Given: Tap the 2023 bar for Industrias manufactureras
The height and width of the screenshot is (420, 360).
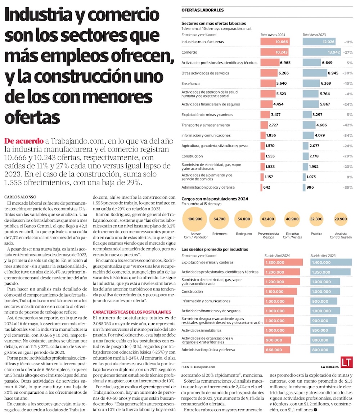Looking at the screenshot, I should pos(319,42).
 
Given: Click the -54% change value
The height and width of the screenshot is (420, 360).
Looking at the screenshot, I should pos(348,136).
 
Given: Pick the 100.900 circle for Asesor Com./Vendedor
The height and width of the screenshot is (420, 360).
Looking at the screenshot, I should pos(195,219).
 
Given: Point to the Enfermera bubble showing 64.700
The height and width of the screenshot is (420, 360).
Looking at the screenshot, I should pos(220,219).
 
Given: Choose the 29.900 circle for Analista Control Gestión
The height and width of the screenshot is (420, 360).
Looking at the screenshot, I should pos(341,219).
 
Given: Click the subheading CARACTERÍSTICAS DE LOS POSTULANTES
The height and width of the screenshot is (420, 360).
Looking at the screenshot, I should pos(132,312).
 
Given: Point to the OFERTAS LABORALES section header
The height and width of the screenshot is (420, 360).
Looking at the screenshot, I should pos(202,10).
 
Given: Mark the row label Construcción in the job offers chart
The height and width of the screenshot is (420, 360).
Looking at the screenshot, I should pos(192,156).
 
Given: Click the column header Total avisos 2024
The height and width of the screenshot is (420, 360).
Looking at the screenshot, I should pos(273,35).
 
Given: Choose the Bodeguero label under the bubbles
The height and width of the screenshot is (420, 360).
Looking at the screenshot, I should pos(244,234).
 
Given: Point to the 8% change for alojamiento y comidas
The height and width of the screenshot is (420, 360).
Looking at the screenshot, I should pos(350,177).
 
